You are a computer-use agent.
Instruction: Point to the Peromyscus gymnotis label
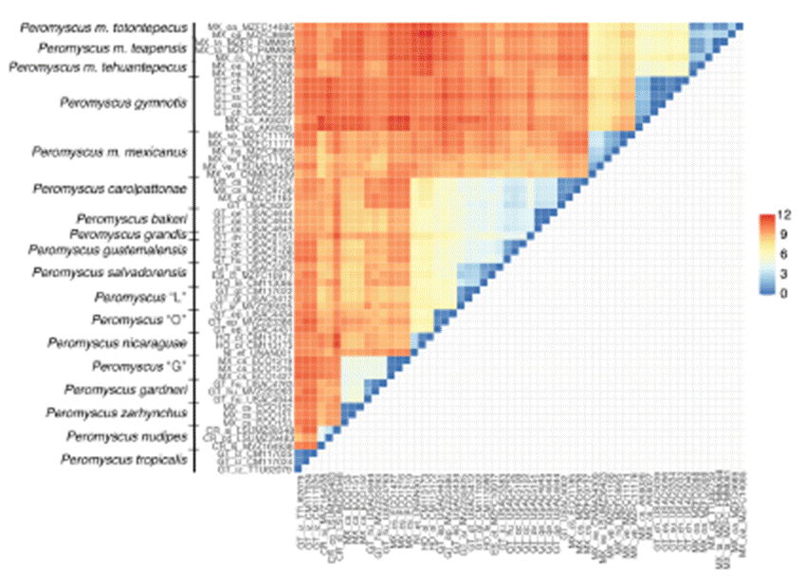pos(121,101)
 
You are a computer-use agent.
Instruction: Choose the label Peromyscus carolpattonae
pos(110,189)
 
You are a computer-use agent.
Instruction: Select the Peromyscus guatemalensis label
pos(111,249)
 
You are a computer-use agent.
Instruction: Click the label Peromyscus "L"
pos(138,298)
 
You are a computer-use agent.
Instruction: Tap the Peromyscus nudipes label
pos(126,437)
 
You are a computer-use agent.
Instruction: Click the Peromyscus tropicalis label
pos(123,461)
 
